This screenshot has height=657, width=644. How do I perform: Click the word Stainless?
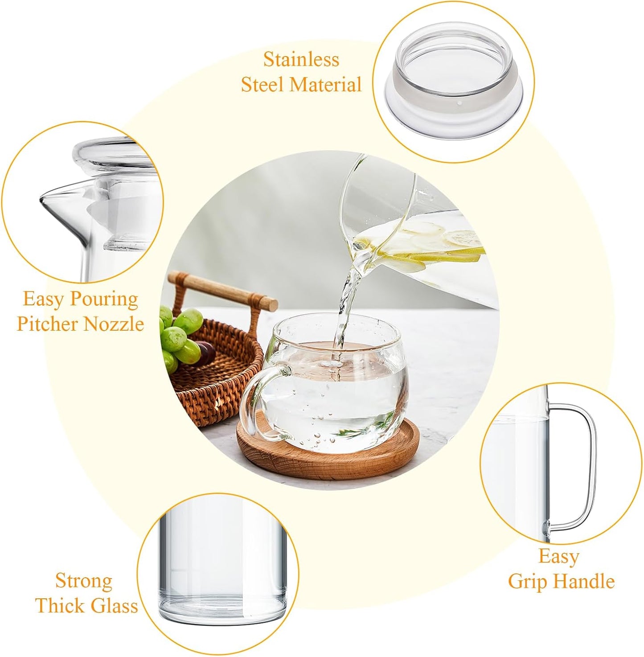click(x=301, y=60)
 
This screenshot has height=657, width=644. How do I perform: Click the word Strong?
click(x=84, y=581)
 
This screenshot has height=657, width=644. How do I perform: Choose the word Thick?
click(x=61, y=606)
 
